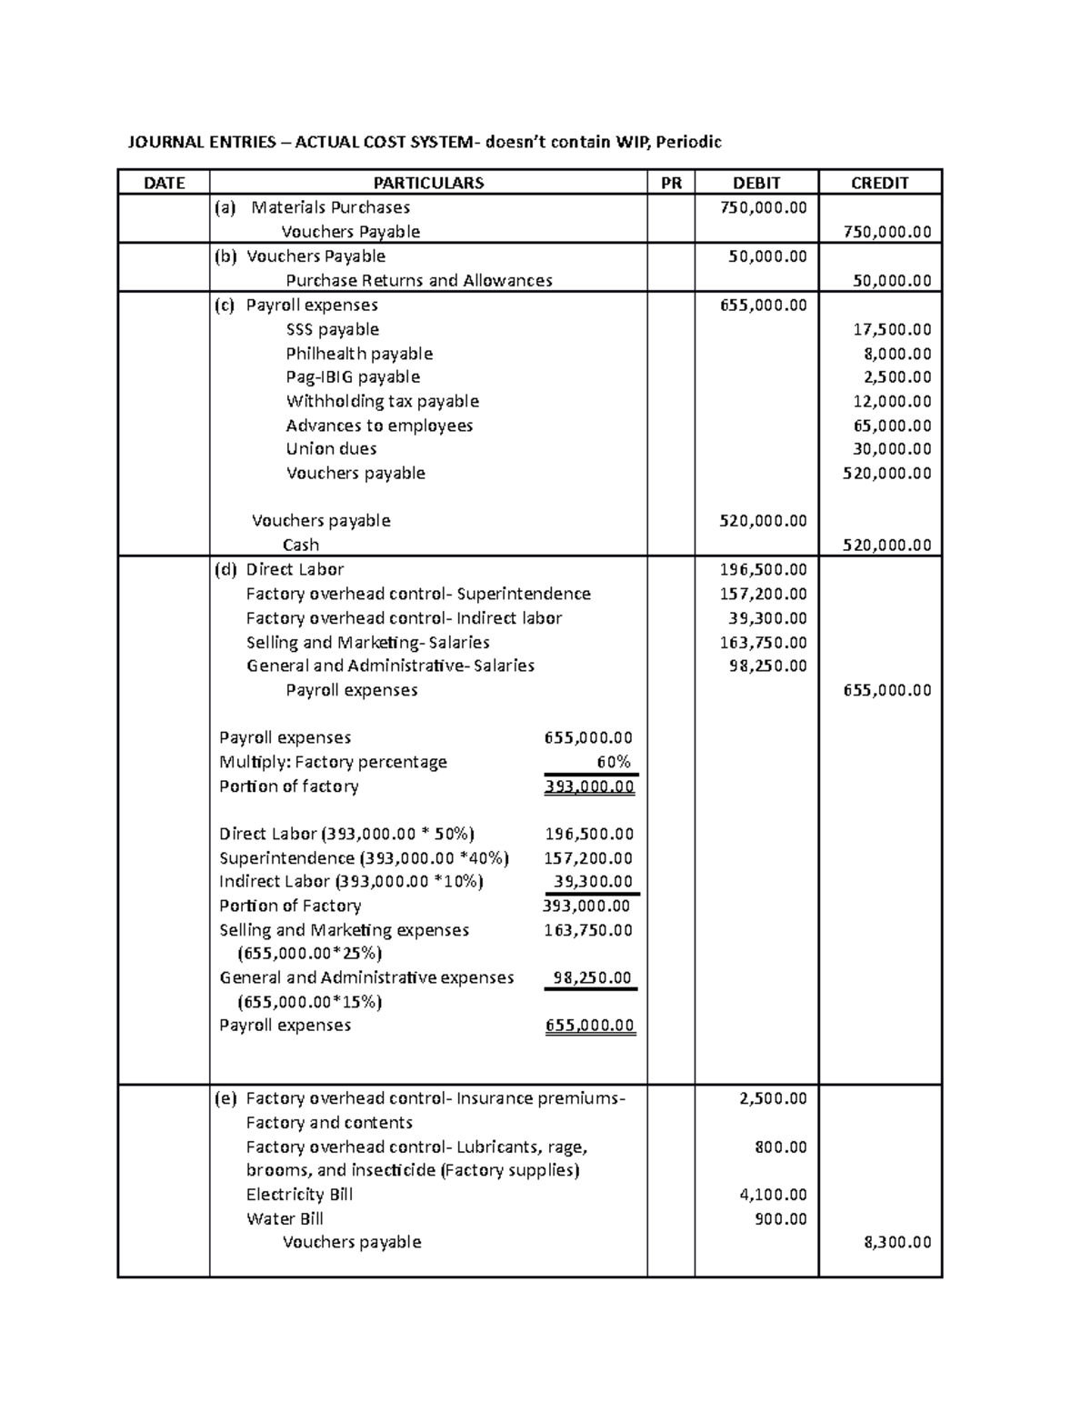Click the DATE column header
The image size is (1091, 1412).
pyautogui.click(x=164, y=183)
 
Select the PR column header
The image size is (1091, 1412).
pyautogui.click(x=671, y=183)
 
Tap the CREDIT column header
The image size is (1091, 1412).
pyautogui.click(x=879, y=183)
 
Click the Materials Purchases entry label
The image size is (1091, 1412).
pyautogui.click(x=330, y=207)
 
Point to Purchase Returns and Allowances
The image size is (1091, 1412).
pyautogui.click(x=419, y=280)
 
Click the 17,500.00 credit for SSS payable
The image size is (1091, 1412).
pyautogui.click(x=896, y=329)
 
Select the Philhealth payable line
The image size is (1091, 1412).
pyautogui.click(x=359, y=354)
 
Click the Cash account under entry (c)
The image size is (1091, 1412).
pyautogui.click(x=301, y=545)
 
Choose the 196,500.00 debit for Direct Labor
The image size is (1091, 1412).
pyautogui.click(x=763, y=569)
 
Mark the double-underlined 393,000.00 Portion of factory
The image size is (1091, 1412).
pyautogui.click(x=589, y=786)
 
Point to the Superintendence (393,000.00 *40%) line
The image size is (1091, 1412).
pyautogui.click(x=364, y=858)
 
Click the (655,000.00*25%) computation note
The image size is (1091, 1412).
pyautogui.click(x=309, y=954)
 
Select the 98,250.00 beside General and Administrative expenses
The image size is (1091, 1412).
pyautogui.click(x=592, y=977)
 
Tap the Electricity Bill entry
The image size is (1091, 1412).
pyautogui.click(x=299, y=1195)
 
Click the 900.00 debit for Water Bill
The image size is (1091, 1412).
pyautogui.click(x=781, y=1218)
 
